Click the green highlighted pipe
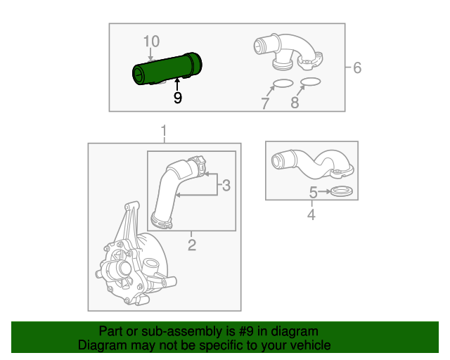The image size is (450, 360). click(167, 69)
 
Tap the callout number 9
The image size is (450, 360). click(178, 98)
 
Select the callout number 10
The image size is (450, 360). click(151, 41)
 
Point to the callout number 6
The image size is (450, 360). click(357, 67)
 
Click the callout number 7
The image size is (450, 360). click(265, 103)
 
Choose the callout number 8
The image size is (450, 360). click(295, 103)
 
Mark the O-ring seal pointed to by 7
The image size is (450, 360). click(283, 83)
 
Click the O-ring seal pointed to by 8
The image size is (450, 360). click(311, 82)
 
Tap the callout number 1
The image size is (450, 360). click(164, 131)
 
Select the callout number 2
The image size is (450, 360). click(192, 245)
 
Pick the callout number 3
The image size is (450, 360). click(226, 185)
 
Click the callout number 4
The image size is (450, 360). click(311, 214)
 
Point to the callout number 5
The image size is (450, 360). click(313, 193)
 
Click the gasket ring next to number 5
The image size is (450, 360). click(342, 191)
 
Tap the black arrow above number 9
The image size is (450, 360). click(177, 84)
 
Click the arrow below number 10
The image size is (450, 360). click(150, 54)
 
